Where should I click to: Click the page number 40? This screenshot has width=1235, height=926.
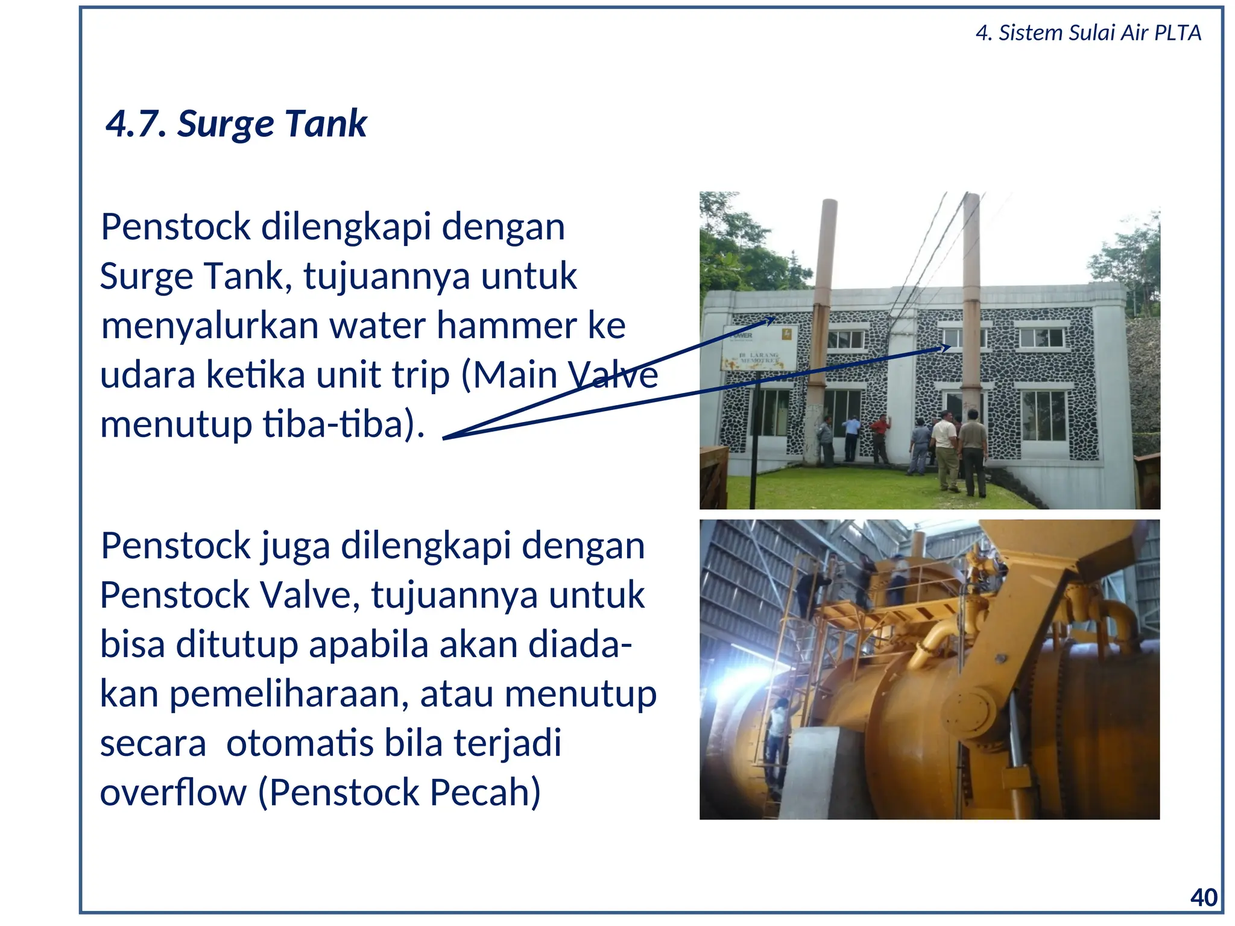[x=1204, y=898]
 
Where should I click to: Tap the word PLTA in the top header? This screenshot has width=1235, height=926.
[x=1177, y=33]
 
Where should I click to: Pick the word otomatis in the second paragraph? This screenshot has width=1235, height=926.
[x=300, y=743]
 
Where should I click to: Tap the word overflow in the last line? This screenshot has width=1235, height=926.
[x=174, y=792]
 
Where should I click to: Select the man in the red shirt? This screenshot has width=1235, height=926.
[x=880, y=438]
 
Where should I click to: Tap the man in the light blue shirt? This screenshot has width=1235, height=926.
[x=851, y=436]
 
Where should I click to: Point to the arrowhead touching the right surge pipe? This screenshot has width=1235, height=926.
[x=946, y=347]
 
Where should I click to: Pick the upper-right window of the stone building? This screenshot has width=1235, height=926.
[x=1042, y=338]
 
